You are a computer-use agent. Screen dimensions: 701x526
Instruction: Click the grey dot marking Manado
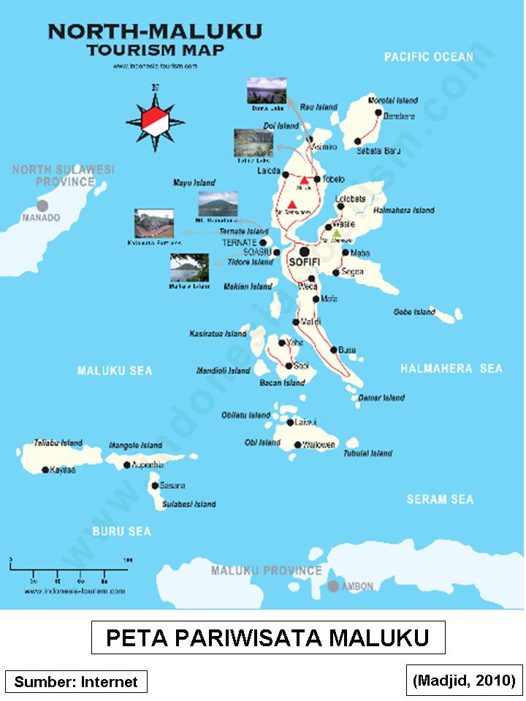tap(44, 207)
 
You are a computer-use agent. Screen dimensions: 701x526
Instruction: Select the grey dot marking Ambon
tap(333, 586)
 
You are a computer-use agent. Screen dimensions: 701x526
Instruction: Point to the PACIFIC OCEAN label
tap(429, 56)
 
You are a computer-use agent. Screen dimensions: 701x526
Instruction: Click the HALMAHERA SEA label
tap(451, 369)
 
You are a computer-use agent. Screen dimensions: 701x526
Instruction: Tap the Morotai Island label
tap(392, 99)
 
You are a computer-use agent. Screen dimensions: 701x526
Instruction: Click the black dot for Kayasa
tap(45, 470)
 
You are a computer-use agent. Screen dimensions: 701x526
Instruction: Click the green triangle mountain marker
tap(336, 234)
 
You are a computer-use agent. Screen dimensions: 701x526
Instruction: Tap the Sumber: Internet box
tap(76, 682)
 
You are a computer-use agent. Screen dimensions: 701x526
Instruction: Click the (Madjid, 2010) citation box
tap(464, 680)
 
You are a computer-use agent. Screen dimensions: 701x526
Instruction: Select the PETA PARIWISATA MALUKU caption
tap(267, 637)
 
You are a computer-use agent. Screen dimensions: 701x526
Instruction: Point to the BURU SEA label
tap(121, 532)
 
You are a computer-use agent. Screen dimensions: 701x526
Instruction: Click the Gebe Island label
tap(414, 312)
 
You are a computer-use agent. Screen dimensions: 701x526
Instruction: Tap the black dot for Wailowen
tap(297, 445)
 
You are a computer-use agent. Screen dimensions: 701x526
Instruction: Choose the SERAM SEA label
tap(440, 499)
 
